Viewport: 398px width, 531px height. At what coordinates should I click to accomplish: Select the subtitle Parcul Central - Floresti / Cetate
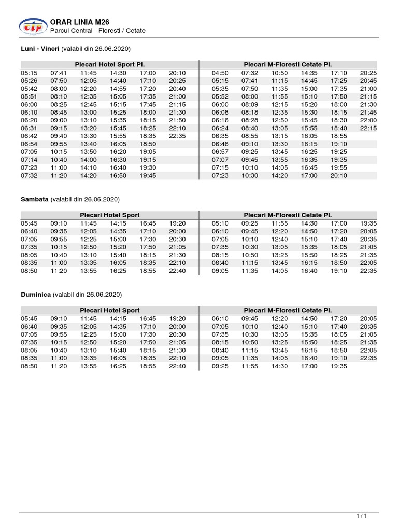click(97, 31)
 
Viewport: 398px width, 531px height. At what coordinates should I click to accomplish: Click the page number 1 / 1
click(361, 516)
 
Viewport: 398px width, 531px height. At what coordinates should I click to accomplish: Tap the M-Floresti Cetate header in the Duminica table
click(288, 310)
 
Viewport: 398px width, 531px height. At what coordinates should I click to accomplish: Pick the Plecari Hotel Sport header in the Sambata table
click(109, 215)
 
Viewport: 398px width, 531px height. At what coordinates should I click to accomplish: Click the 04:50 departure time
click(220, 73)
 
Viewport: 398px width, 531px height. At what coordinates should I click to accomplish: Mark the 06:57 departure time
click(220, 152)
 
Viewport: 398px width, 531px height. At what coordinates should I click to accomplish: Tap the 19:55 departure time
click(339, 167)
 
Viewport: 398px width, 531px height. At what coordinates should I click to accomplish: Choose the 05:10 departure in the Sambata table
click(220, 223)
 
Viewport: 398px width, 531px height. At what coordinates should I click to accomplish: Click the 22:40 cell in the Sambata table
click(177, 271)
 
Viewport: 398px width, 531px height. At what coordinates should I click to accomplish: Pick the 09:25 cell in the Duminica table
click(220, 366)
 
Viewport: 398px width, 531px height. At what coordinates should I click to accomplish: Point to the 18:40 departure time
click(339, 128)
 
